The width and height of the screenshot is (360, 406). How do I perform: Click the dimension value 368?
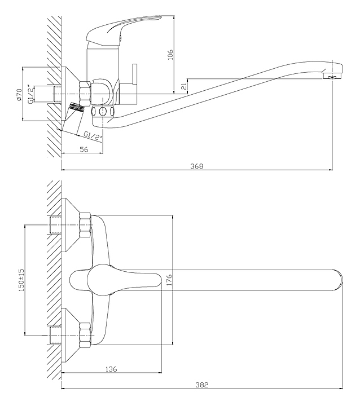(197, 166)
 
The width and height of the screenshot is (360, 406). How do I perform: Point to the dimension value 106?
(170, 54)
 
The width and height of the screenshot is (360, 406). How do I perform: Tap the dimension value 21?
(184, 86)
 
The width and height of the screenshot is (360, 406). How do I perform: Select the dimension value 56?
(84, 149)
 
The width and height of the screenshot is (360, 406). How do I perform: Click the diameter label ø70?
(19, 95)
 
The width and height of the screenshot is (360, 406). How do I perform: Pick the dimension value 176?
(169, 280)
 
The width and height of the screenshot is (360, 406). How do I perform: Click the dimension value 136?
(111, 369)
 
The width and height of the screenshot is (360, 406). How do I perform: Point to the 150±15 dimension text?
(21, 280)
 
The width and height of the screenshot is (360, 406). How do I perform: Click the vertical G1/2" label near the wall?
(30, 94)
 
